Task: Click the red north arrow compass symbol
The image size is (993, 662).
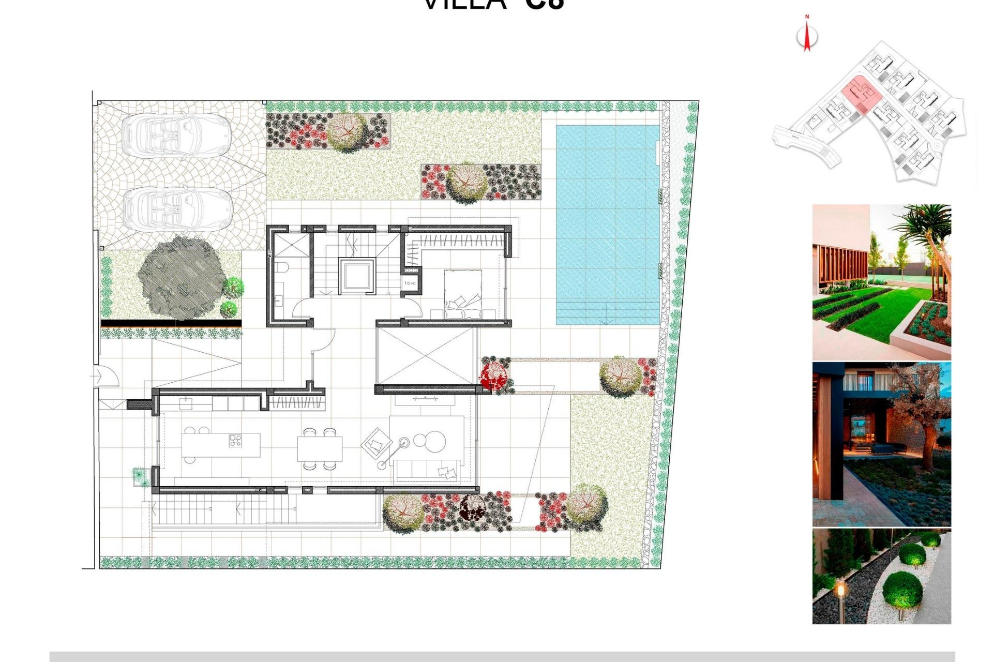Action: [x=807, y=36]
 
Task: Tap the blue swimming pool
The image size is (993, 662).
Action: [x=607, y=225]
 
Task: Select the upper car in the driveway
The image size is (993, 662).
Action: [x=176, y=135]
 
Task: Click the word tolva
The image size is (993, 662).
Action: [x=410, y=283]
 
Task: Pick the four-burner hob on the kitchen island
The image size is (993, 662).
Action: [x=235, y=441]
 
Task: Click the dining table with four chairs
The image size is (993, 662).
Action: [x=320, y=448]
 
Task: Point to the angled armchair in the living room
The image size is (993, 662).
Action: [x=377, y=442]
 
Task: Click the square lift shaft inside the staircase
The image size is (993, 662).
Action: [x=356, y=276]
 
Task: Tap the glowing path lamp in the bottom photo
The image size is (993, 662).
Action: [x=840, y=590]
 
